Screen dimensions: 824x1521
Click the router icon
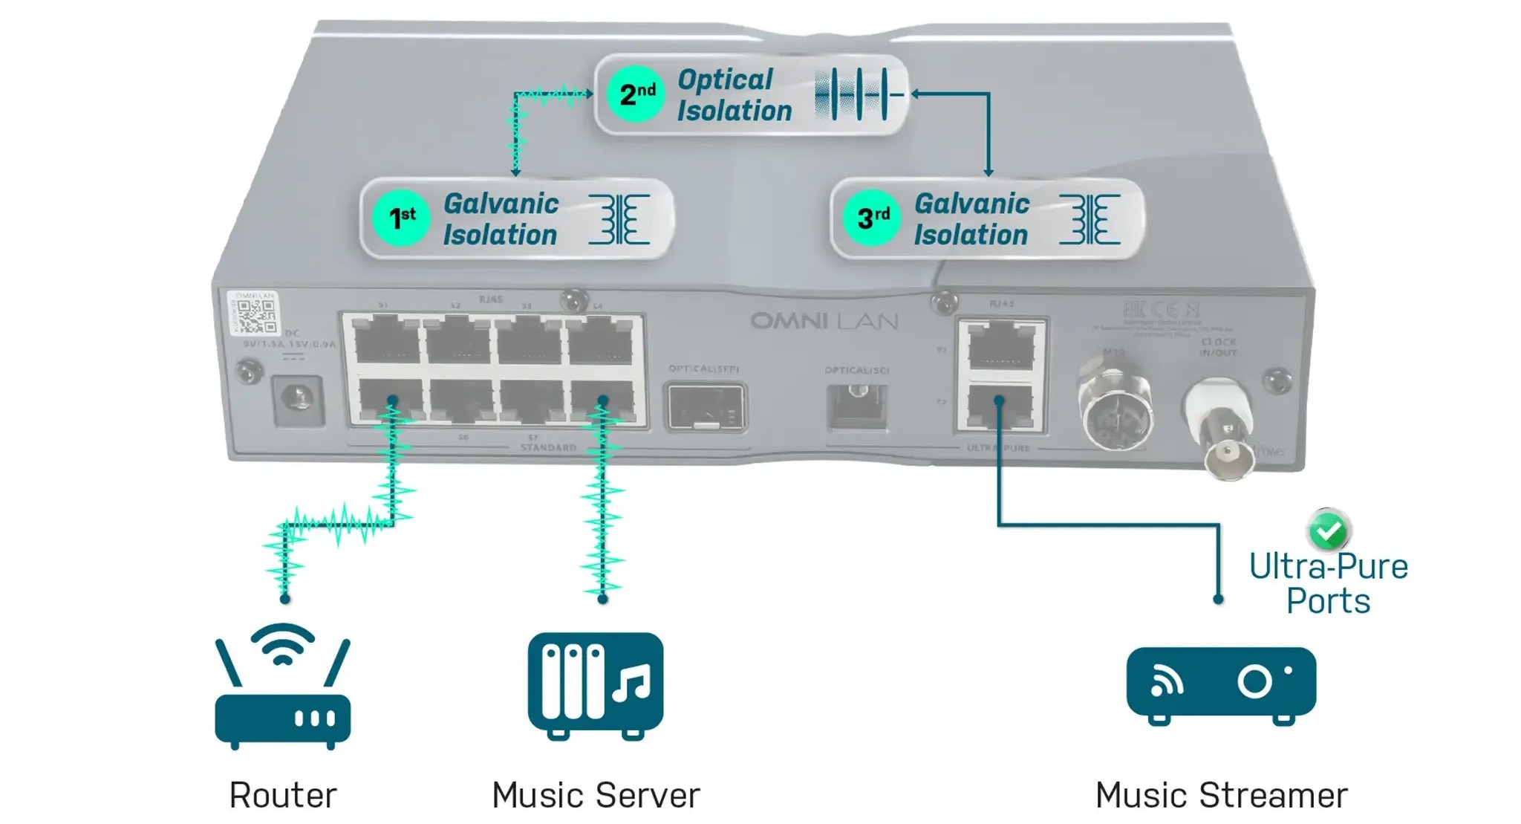click(x=282, y=687)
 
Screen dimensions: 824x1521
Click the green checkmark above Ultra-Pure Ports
click(x=1328, y=530)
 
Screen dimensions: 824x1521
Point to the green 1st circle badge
click(x=401, y=218)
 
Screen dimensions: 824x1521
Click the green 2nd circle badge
click(x=636, y=94)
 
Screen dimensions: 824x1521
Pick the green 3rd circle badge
click(x=872, y=218)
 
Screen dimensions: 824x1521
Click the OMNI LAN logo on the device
click(x=824, y=321)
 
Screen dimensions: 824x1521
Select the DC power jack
click(x=299, y=400)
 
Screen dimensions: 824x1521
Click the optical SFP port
click(x=705, y=406)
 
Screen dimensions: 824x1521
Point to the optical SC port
click(x=857, y=406)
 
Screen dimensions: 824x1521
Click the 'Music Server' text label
click(x=596, y=795)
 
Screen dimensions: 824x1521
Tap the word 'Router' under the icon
click(x=282, y=795)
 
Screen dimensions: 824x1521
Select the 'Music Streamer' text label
click(x=1221, y=795)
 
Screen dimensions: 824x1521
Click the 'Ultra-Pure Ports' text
click(x=1328, y=583)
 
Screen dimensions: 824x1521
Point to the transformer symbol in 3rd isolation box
click(x=1090, y=219)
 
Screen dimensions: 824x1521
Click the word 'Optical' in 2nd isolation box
click(x=725, y=80)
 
